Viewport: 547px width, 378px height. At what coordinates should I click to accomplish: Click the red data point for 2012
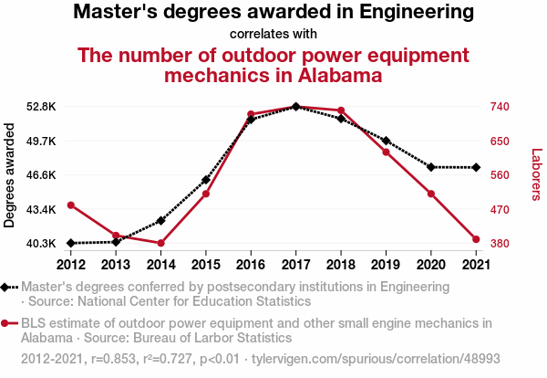coord(71,205)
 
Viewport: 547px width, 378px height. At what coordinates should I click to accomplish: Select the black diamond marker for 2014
coord(161,221)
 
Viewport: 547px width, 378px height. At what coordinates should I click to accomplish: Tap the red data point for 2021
coord(476,239)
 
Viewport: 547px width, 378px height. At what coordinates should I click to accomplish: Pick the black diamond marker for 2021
coord(476,167)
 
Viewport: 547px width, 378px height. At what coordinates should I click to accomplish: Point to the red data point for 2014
coord(161,243)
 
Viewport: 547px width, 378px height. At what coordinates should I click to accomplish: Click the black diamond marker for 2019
coord(386,141)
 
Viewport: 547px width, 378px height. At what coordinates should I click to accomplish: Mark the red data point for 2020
coord(430,194)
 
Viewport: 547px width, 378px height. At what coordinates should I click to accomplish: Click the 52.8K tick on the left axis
coord(41,107)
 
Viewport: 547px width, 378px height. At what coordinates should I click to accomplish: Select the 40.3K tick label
coord(41,244)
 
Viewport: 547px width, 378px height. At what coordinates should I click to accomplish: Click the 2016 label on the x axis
coord(251,265)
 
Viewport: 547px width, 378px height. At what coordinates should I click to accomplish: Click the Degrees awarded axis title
coord(10,175)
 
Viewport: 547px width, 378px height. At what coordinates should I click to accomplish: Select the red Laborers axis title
coord(536,174)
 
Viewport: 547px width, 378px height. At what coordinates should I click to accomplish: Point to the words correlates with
coord(273,35)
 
